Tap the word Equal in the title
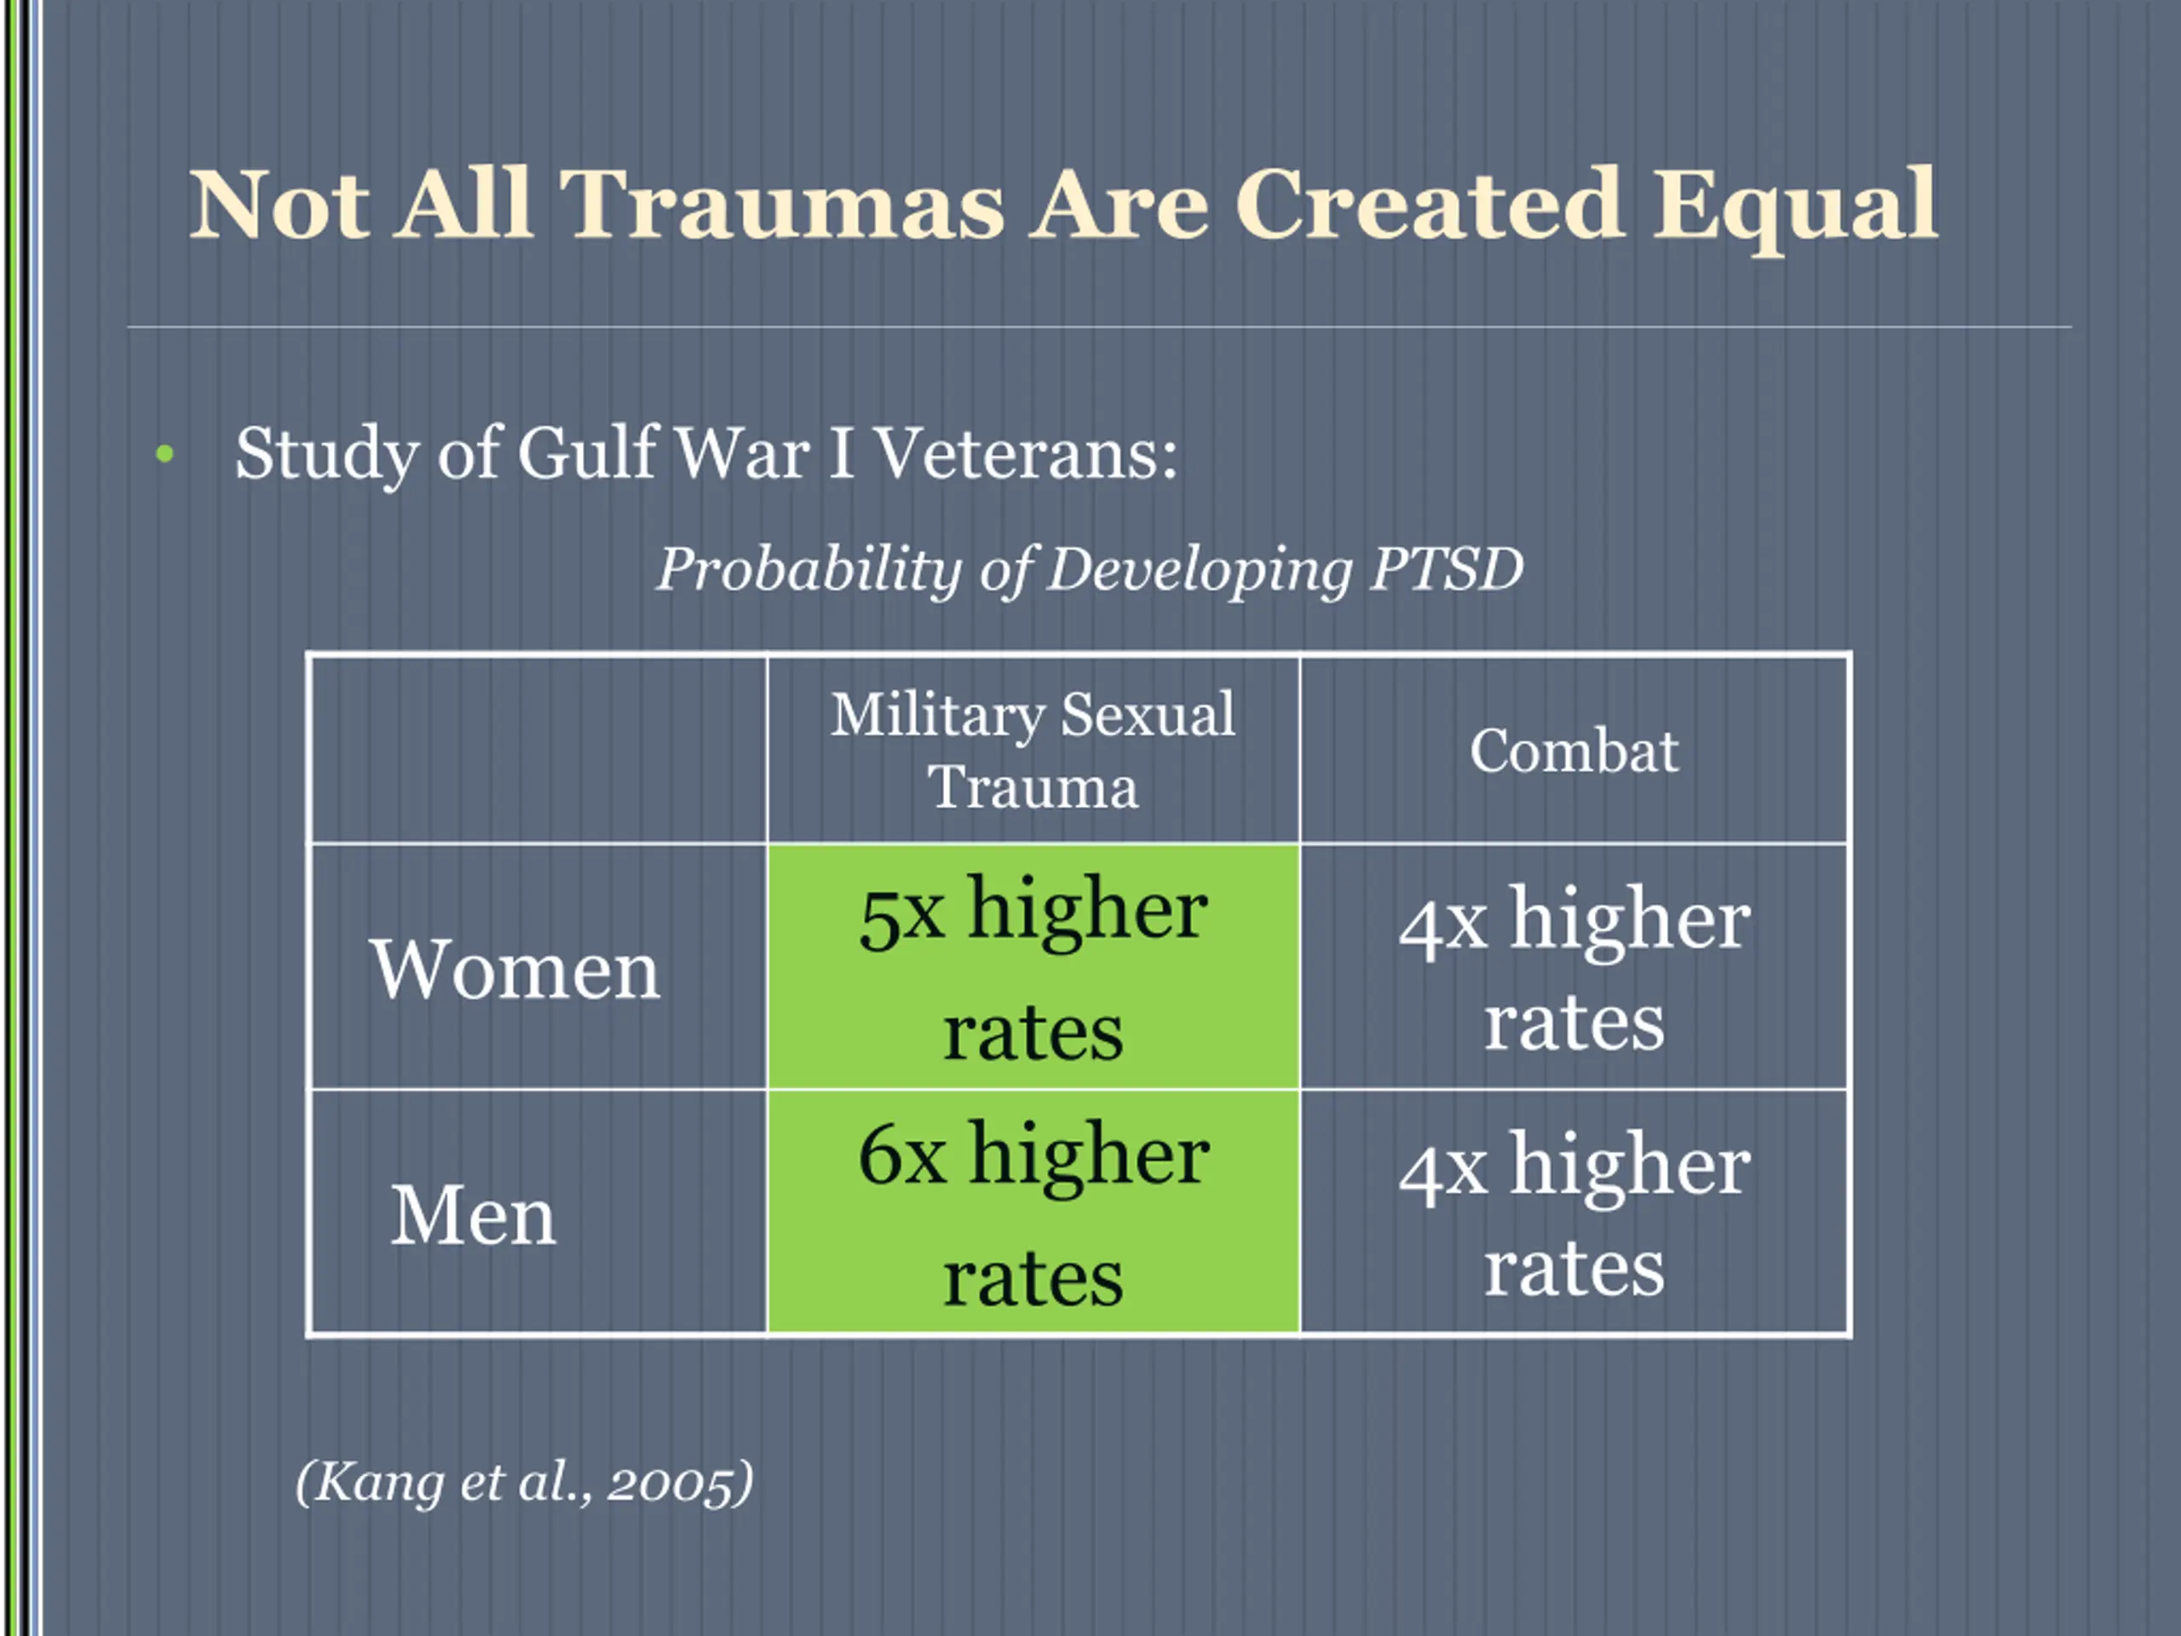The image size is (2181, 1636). pyautogui.click(x=1794, y=207)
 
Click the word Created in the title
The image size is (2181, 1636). pyautogui.click(x=1429, y=205)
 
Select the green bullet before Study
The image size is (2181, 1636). pyautogui.click(x=164, y=453)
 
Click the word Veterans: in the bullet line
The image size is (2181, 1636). pyautogui.click(x=1027, y=453)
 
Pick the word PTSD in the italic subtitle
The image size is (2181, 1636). pyautogui.click(x=1447, y=569)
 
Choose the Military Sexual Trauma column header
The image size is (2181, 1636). pyautogui.click(x=1033, y=750)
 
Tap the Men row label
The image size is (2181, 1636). pyautogui.click(x=474, y=1215)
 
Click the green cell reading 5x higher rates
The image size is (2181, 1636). pyautogui.click(x=1033, y=966)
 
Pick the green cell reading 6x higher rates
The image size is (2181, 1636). pyautogui.click(x=1033, y=1213)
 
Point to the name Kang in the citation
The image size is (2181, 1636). pyautogui.click(x=375, y=1482)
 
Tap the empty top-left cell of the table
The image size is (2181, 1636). pyautogui.click(x=538, y=750)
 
